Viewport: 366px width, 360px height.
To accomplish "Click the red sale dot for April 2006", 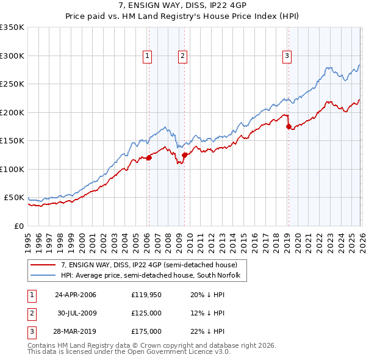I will (148, 158).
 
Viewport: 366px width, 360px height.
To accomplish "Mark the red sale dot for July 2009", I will (183, 155).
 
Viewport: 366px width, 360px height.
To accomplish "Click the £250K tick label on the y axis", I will (12, 84).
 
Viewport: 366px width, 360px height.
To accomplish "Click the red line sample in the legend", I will (45, 265).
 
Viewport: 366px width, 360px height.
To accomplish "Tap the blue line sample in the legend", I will (45, 276).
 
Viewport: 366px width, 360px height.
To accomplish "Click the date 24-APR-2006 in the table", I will (76, 295).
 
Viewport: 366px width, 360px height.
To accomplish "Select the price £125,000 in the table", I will (146, 313).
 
